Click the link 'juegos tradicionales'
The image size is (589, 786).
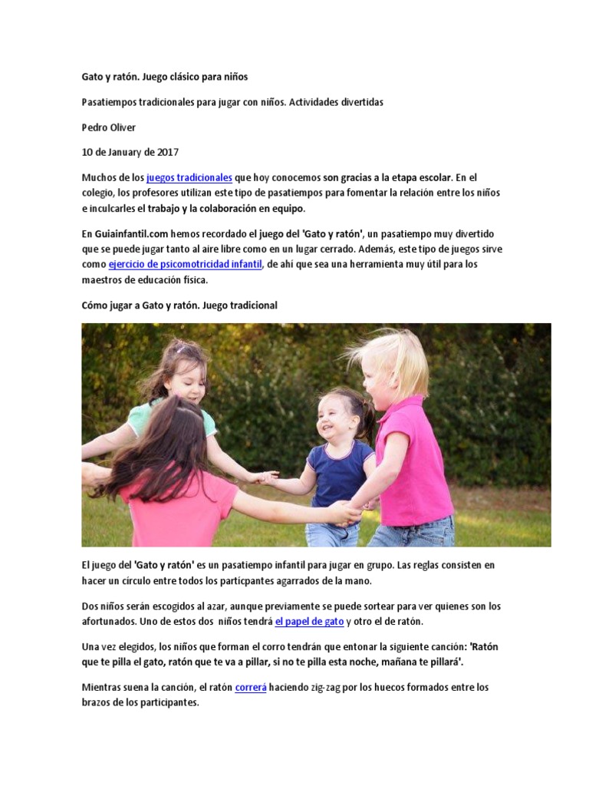tap(189, 177)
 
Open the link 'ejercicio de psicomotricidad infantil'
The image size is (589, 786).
tap(185, 265)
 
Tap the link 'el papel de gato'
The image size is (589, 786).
tap(309, 621)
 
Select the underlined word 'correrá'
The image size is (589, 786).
tap(251, 688)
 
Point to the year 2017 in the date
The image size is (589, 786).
tap(167, 153)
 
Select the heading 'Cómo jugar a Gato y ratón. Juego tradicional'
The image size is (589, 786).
tap(179, 305)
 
